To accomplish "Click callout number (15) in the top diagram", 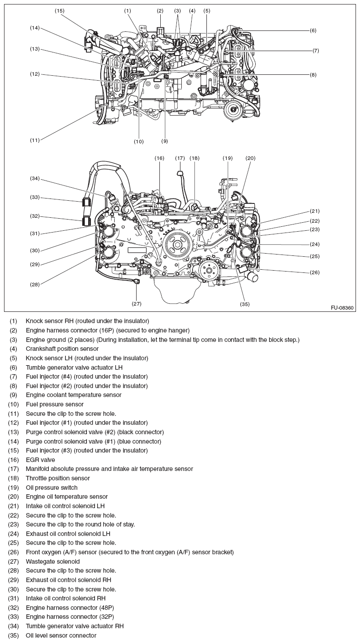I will pos(60,10).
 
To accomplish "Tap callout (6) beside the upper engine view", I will pos(313,30).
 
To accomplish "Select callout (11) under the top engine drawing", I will pos(35,140).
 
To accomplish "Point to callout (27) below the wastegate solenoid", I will pos(137,303).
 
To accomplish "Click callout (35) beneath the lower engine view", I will pos(244,304).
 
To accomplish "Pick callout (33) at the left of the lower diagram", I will pos(35,197).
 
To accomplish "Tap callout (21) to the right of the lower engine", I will pos(315,211).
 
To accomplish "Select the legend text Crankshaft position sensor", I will pos(62,349).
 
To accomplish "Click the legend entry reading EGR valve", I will pos(40,460).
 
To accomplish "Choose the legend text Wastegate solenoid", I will pos(53,561).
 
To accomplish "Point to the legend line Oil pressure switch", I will pos(51,488).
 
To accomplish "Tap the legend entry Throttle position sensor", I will pos(58,478).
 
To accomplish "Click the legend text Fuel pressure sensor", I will pos(55,404).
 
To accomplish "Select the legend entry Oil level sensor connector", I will pos(61,635).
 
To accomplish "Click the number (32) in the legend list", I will pos(13,608).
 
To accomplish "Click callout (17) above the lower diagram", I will pos(180,158).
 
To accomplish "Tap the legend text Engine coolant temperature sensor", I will pos(73,395).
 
